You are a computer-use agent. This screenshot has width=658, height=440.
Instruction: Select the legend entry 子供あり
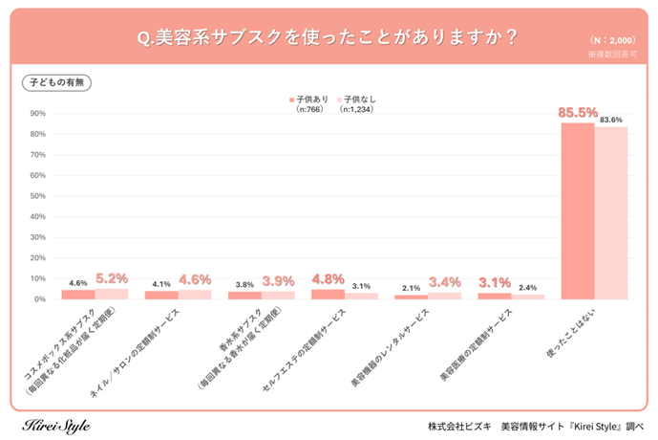pyautogui.click(x=312, y=98)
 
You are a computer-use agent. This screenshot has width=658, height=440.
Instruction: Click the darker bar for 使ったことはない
pyautogui.click(x=577, y=210)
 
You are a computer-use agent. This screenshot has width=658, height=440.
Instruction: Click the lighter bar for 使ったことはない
pyautogui.click(x=611, y=213)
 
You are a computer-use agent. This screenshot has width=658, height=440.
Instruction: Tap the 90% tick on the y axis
pyautogui.click(x=38, y=114)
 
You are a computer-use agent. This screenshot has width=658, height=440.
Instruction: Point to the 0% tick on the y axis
pyautogui.click(x=40, y=299)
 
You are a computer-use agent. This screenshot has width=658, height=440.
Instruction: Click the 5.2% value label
pyautogui.click(x=112, y=278)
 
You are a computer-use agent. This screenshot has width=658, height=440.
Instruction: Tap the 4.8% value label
pyautogui.click(x=328, y=279)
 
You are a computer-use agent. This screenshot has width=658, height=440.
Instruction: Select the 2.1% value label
pyautogui.click(x=411, y=288)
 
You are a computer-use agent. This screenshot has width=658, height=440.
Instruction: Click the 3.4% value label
pyautogui.click(x=445, y=282)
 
